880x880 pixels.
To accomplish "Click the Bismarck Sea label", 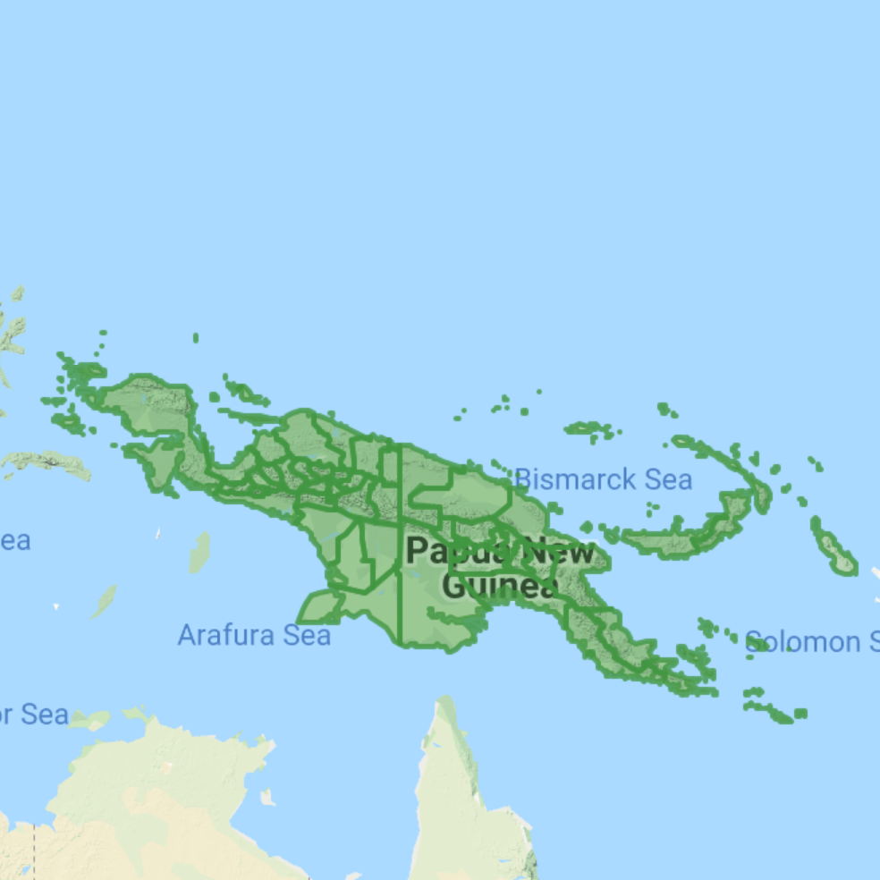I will (603, 479).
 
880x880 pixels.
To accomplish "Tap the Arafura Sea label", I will (254, 635).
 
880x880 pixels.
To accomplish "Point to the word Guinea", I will (500, 587).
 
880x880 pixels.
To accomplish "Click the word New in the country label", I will (559, 551).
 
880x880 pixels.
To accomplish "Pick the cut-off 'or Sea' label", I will (34, 715).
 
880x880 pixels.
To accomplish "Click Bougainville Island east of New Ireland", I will (833, 546).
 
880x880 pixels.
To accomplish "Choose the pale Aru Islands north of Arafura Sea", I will (199, 553).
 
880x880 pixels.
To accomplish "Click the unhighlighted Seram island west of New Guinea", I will (45, 461).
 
